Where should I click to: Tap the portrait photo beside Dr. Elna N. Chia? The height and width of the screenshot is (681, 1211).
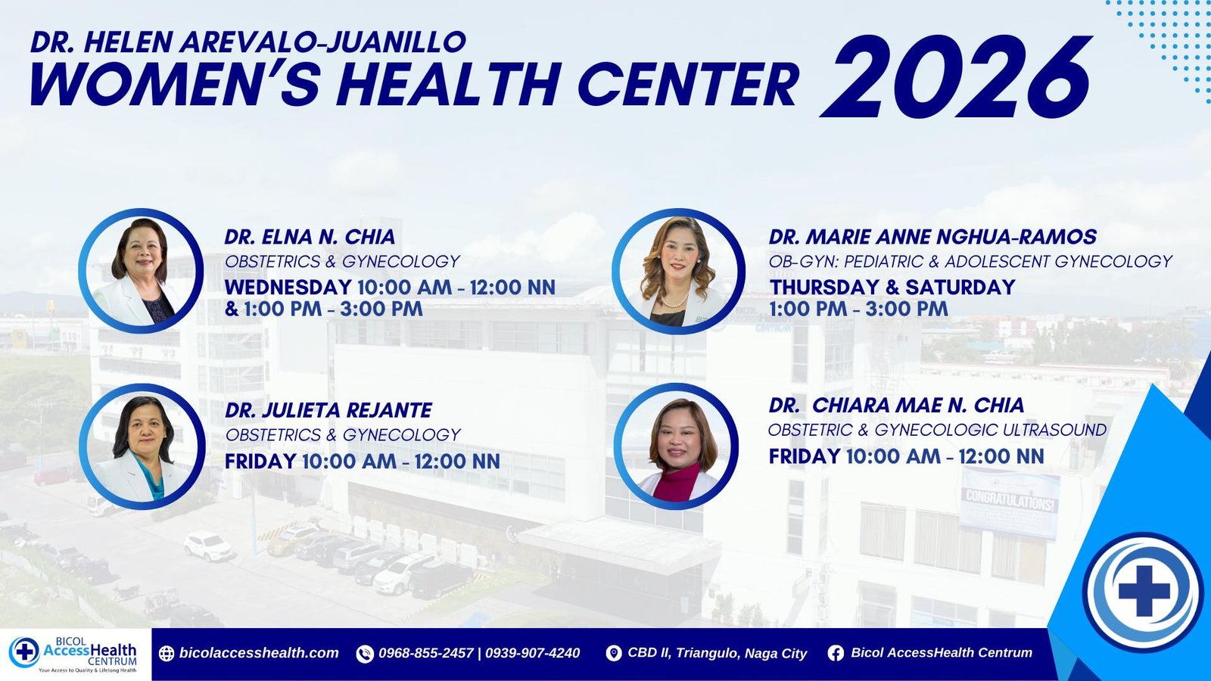141,271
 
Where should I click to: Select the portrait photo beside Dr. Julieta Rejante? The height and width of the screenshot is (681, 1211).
142,446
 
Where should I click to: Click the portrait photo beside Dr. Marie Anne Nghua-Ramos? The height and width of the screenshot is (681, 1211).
678,272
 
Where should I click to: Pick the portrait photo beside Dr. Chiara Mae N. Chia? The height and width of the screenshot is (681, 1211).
677,446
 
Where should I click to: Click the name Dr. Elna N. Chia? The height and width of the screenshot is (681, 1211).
310,237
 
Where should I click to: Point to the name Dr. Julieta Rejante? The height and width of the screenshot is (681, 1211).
328,410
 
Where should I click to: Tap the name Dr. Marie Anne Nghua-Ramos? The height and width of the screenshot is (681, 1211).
932,237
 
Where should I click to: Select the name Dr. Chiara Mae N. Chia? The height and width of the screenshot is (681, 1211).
896,405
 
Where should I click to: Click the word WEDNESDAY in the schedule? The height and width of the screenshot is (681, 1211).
288,287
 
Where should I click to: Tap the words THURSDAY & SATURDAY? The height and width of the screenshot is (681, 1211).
892,287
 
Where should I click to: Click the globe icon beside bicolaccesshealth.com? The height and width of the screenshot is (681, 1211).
167,654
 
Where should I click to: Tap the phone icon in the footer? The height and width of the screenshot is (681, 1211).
365,654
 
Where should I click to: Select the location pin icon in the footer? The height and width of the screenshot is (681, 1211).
614,654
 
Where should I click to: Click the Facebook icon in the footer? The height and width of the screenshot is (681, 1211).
836,654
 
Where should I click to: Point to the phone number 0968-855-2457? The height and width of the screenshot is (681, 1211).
426,654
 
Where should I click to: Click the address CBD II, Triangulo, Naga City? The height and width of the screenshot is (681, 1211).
717,654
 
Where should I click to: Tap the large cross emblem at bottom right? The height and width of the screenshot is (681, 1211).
1144,591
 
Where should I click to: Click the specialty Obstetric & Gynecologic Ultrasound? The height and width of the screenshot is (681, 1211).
938,431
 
